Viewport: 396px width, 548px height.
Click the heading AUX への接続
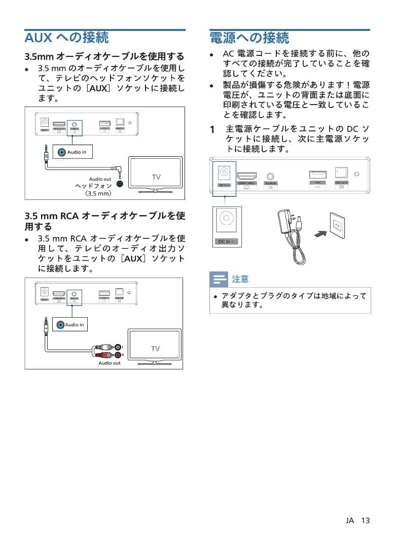pos(66,38)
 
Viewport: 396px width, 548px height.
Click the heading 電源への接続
pos(249,38)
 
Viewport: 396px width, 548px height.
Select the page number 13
pos(366,521)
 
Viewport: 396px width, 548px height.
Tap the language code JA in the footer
pos(350,521)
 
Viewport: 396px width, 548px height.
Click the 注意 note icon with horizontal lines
pos(219,279)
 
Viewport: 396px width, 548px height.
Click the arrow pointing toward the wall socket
pos(320,233)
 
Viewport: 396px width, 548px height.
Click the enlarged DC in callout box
pos(227,227)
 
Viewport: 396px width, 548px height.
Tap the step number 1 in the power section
pos(213,130)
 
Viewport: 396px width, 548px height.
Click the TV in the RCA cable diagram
pos(155,348)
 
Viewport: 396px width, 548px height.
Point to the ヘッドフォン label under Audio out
pos(93,186)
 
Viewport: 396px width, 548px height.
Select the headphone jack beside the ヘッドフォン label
pos(120,184)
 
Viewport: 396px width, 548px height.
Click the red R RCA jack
pos(118,355)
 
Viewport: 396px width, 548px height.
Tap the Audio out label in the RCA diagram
pos(110,363)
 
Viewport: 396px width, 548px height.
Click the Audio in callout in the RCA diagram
pos(70,324)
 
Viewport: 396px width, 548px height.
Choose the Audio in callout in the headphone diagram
pos(73,152)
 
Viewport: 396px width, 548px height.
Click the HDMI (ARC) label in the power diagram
pos(246,183)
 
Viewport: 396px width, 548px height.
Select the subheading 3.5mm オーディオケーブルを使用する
pos(104,56)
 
